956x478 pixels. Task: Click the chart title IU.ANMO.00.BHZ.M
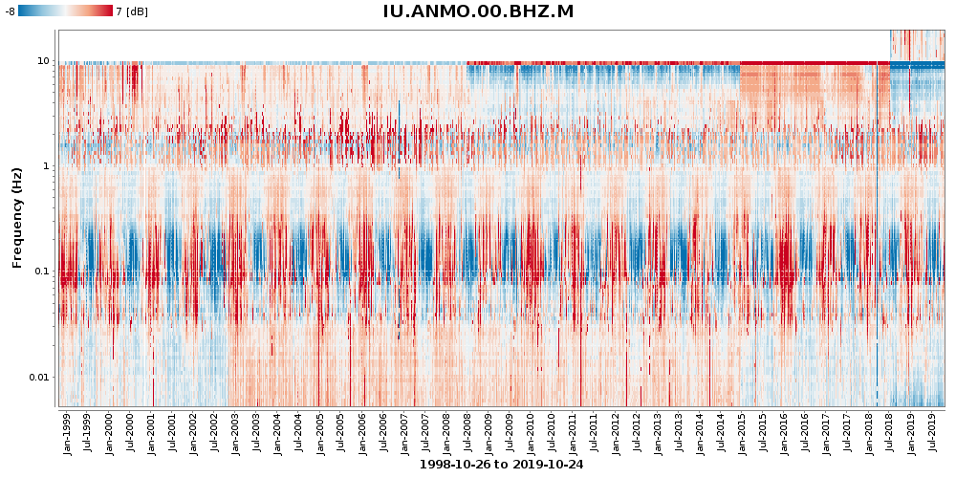[478, 11]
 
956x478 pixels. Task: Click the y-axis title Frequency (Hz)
[17, 218]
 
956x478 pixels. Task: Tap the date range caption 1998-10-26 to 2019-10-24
[501, 465]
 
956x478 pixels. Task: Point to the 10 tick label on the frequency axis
[45, 61]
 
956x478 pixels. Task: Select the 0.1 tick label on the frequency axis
[42, 272]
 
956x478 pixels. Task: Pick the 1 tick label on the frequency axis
[48, 166]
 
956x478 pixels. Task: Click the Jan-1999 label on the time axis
[67, 433]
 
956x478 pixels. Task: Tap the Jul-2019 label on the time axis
[931, 433]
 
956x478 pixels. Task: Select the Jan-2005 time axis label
[319, 433]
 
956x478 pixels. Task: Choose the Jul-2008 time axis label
[467, 433]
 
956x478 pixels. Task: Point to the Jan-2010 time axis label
[531, 433]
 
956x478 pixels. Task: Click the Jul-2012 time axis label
[636, 433]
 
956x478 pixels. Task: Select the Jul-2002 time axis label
[214, 433]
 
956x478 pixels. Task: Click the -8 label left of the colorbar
[10, 11]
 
